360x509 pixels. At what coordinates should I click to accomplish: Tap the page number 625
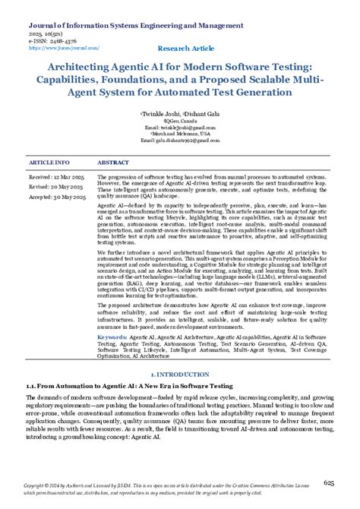(x=329, y=482)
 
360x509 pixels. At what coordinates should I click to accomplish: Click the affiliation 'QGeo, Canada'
(x=180, y=119)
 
